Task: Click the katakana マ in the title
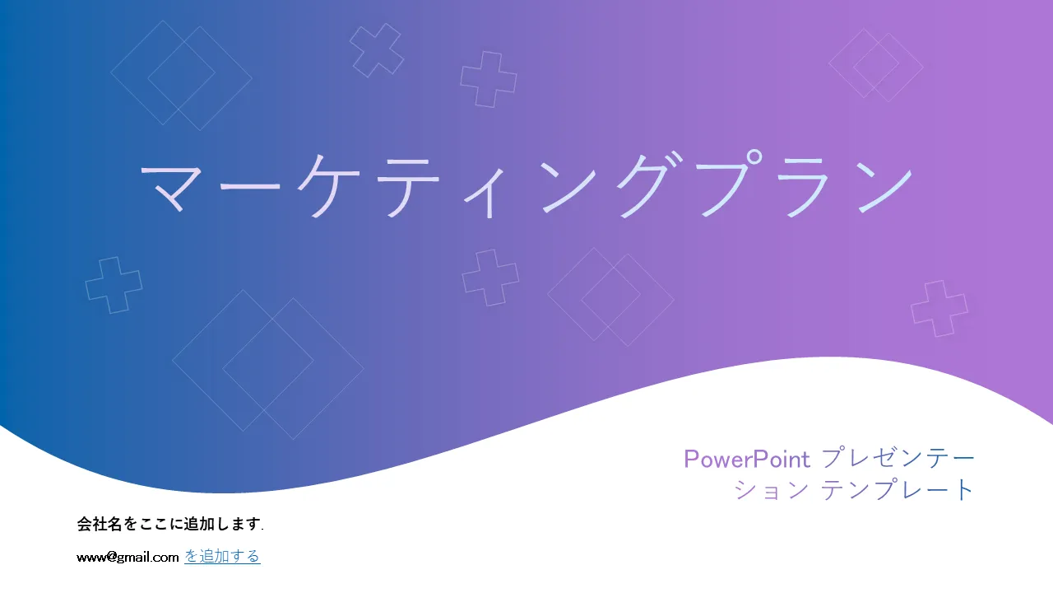[173, 187]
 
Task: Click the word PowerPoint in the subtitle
[747, 459]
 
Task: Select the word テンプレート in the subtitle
[897, 489]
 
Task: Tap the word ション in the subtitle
[771, 490]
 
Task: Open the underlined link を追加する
[222, 556]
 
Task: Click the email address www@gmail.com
[128, 558]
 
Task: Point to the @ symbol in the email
[111, 557]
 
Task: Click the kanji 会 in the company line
[84, 523]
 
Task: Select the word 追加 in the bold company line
[199, 523]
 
